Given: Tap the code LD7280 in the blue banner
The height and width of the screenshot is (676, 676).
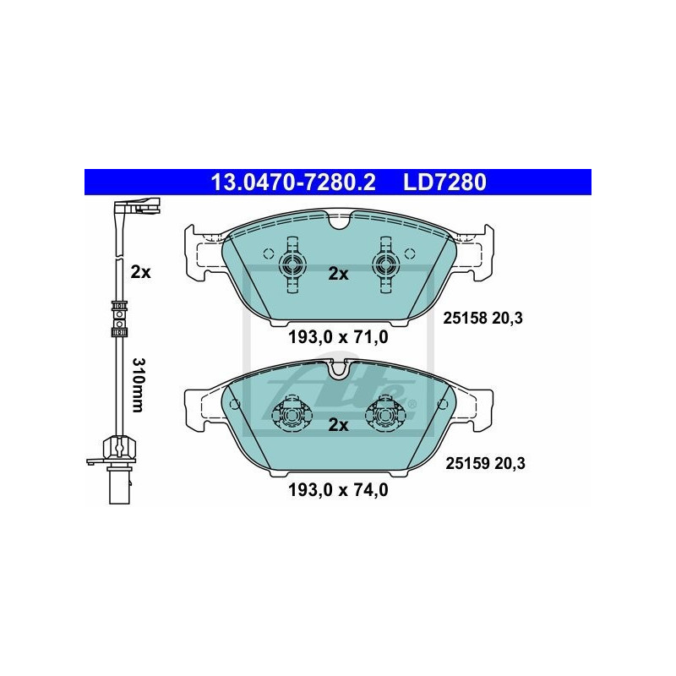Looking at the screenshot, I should (445, 182).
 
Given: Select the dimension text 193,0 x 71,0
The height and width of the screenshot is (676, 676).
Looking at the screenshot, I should (338, 339).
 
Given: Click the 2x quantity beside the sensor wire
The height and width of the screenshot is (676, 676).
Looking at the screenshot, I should (139, 272).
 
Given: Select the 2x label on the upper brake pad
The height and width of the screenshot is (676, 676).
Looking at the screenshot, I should (338, 273).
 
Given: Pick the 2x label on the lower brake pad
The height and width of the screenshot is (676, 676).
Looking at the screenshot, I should (338, 425).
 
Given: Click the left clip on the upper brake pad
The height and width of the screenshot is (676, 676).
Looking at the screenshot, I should (292, 263).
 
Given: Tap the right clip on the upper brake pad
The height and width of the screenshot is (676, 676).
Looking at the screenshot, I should (384, 263).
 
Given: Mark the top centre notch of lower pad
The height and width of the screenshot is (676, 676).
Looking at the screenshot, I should (338, 368).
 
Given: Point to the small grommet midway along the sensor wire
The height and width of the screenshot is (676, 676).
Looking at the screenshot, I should (119, 314).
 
